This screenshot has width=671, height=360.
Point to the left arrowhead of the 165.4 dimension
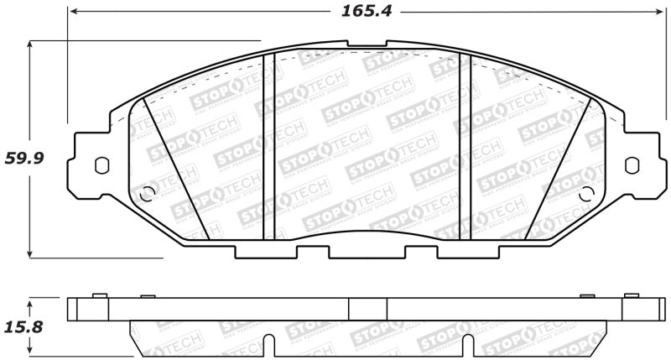pos(74,13)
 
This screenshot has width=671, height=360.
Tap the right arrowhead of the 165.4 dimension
pos(658,13)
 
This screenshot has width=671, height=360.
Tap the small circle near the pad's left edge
pos(148,192)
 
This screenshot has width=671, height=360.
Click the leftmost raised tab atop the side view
pos(97,295)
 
